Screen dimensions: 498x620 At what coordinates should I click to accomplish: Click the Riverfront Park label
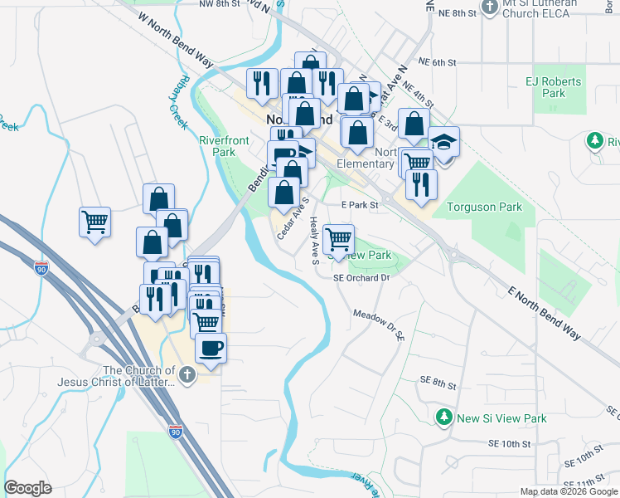pyautogui.click(x=224, y=146)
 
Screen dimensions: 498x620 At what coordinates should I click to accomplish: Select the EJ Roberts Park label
pyautogui.click(x=554, y=88)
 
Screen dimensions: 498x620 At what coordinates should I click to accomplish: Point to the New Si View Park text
pyautogui.click(x=502, y=418)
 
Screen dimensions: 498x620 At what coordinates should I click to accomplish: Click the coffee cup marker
pyautogui.click(x=211, y=349)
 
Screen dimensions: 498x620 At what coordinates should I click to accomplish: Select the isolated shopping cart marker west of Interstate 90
pyautogui.click(x=95, y=222)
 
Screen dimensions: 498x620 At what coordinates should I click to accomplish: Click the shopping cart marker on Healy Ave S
pyautogui.click(x=338, y=240)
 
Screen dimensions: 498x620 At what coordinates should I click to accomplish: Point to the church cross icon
pyautogui.click(x=188, y=375)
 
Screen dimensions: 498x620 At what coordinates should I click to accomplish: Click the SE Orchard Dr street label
pyautogui.click(x=361, y=278)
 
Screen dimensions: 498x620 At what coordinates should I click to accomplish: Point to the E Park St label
pyautogui.click(x=360, y=204)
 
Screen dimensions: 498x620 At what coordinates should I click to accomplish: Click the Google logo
pyautogui.click(x=28, y=488)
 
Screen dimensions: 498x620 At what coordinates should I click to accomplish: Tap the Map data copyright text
pyautogui.click(x=569, y=491)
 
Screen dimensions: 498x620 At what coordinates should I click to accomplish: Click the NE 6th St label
pyautogui.click(x=438, y=62)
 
